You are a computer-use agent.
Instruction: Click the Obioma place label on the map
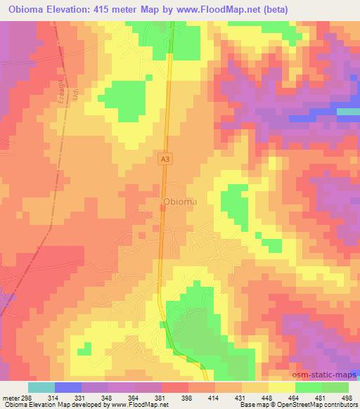pyautogui.click(x=179, y=202)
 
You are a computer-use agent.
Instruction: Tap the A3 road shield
pyautogui.click(x=165, y=160)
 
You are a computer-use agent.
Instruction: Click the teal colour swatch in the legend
pyautogui.click(x=41, y=387)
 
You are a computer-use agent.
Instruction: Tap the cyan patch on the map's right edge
pyautogui.click(x=349, y=111)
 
